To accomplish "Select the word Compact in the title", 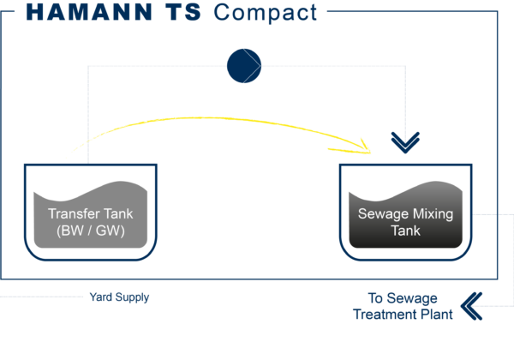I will [265, 12].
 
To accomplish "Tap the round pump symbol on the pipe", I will [243, 66].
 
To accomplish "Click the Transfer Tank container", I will [90, 213].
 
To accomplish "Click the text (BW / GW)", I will [90, 230].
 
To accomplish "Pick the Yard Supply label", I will [119, 297].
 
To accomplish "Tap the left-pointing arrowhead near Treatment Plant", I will [472, 304].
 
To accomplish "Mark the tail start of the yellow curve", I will [68, 157].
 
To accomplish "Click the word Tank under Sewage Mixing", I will [405, 231].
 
